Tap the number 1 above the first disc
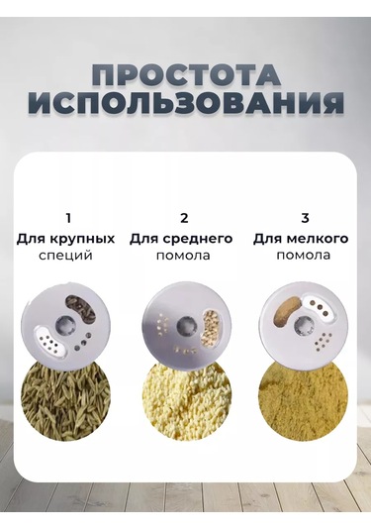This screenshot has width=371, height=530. tap(68, 218)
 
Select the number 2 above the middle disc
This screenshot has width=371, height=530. tap(184, 218)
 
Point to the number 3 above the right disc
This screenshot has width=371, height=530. tap(305, 218)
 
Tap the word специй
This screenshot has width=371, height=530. tap(65, 256)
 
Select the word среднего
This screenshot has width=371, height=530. tap(198, 239)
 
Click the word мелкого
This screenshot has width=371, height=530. tap(317, 239)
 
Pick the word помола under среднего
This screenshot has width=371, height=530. tap(183, 256)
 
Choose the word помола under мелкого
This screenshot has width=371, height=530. tap(303, 255)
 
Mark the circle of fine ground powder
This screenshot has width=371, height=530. tap(303, 401)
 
